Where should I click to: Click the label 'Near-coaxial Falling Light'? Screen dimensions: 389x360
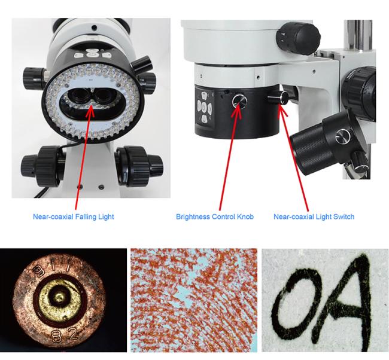pyautogui.click(x=74, y=216)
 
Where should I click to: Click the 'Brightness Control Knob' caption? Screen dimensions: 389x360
pyautogui.click(x=215, y=216)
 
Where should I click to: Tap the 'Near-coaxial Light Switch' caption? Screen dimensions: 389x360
pyautogui.click(x=314, y=216)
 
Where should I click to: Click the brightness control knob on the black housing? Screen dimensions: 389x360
pyautogui.click(x=239, y=100)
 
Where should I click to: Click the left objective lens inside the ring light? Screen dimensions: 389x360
pyautogui.click(x=78, y=95)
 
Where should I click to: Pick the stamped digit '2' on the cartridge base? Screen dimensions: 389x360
pyautogui.click(x=72, y=335)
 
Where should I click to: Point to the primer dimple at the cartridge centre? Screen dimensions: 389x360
pyautogui.click(x=59, y=296)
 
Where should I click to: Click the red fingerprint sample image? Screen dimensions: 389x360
pyautogui.click(x=194, y=300)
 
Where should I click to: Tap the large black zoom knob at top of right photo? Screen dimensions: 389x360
pyautogui.click(x=299, y=38)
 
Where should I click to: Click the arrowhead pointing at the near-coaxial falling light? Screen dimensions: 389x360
pyautogui.click(x=90, y=112)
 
